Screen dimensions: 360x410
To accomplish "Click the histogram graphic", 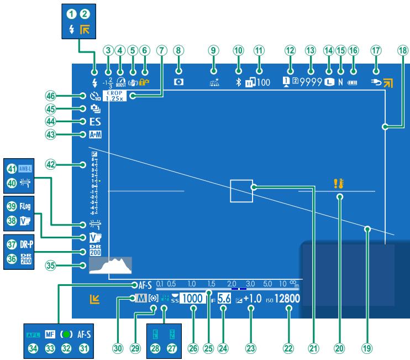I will tap(111, 265).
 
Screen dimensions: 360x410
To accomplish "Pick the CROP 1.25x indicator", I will tap(115, 96).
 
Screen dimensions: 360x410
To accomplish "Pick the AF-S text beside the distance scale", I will tap(142, 285).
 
